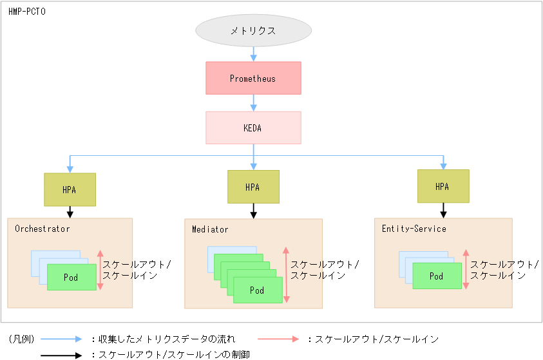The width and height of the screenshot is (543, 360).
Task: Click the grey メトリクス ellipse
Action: click(253, 30)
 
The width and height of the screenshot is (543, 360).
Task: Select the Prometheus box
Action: click(253, 79)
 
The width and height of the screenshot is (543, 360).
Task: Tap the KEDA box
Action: click(253, 128)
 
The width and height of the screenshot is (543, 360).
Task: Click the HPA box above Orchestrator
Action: click(70, 189)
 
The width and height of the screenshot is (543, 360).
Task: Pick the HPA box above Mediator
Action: click(253, 187)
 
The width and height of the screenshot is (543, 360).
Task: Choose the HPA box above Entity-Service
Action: click(443, 186)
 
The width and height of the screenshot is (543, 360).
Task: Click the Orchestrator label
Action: click(43, 229)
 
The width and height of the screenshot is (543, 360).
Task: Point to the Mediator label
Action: click(210, 229)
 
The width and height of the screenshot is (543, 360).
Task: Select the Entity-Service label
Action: click(414, 229)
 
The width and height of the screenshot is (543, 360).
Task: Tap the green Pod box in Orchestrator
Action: click(71, 277)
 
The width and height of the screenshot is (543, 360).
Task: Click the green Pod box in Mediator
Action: click(257, 290)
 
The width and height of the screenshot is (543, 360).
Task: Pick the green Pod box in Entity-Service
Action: click(437, 276)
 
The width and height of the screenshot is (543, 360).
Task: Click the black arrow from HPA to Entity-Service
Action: click(443, 210)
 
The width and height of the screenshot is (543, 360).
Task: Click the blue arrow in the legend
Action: click(62, 339)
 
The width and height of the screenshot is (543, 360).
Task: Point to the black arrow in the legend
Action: click(62, 354)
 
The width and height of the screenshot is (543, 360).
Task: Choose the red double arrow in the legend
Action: click(278, 339)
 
